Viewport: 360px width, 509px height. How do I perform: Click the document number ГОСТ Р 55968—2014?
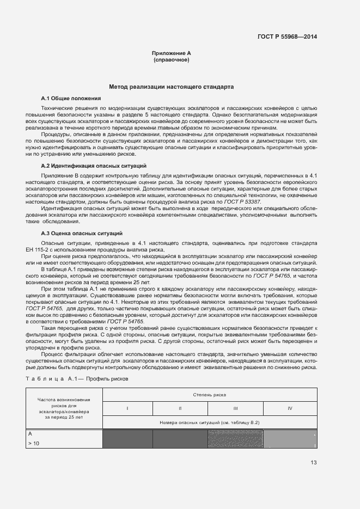[x=287, y=36]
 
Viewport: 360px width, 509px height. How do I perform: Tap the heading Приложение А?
[x=171, y=53]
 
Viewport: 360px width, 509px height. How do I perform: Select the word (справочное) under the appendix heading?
[x=171, y=59]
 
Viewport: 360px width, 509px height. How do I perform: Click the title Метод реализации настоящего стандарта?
[x=171, y=87]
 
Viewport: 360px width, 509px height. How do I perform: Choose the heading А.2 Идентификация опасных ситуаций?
[x=93, y=165]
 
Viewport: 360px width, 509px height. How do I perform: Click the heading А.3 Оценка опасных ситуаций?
[x=81, y=233]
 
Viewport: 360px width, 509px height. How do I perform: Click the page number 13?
[x=314, y=463]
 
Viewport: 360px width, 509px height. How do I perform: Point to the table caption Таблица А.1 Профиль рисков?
[x=77, y=378]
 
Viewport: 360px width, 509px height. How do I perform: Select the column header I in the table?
[x=127, y=408]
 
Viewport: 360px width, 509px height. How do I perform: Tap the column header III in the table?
[x=235, y=408]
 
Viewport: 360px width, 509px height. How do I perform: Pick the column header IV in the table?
[x=290, y=408]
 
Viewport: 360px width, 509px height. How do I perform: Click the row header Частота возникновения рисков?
[x=64, y=408]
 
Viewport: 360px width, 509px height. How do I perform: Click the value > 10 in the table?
[x=33, y=444]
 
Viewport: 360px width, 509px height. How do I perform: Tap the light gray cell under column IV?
[x=290, y=439]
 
